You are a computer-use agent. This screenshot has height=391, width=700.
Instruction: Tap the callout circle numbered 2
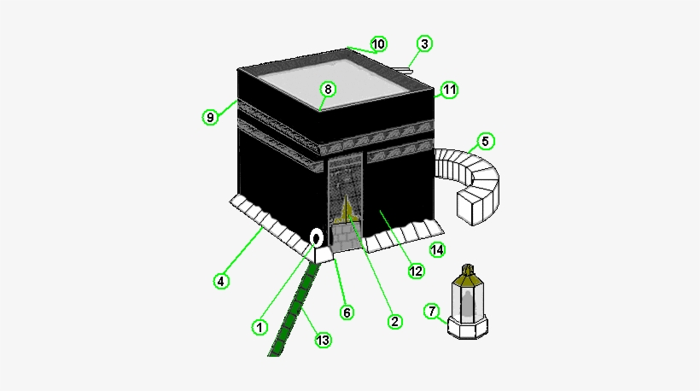[x=394, y=322]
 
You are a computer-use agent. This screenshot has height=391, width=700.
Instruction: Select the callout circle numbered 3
[x=425, y=44]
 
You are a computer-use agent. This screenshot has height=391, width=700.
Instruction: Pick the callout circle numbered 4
[x=220, y=280]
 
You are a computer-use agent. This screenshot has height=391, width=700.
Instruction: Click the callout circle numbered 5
[x=485, y=141]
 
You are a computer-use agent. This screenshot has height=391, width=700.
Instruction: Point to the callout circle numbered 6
[x=347, y=312]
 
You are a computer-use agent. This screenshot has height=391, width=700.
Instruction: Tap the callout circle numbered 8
[x=327, y=89]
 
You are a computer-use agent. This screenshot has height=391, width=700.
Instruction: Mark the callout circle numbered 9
[x=210, y=117]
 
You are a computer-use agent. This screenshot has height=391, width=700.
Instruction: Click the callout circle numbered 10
[x=378, y=44]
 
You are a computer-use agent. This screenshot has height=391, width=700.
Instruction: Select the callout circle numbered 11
[x=450, y=89]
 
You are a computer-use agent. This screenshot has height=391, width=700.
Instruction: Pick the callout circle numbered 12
[x=416, y=271]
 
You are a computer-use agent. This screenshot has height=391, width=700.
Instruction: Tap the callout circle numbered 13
[x=323, y=340]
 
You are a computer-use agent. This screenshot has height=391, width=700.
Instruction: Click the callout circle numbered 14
[x=437, y=249]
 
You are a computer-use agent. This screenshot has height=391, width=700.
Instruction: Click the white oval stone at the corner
[x=316, y=237]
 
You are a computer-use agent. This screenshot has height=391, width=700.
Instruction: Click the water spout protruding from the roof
[x=403, y=69]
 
